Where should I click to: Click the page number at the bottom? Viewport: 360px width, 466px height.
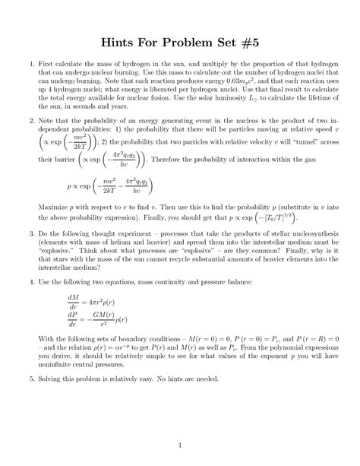tap(179, 444)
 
